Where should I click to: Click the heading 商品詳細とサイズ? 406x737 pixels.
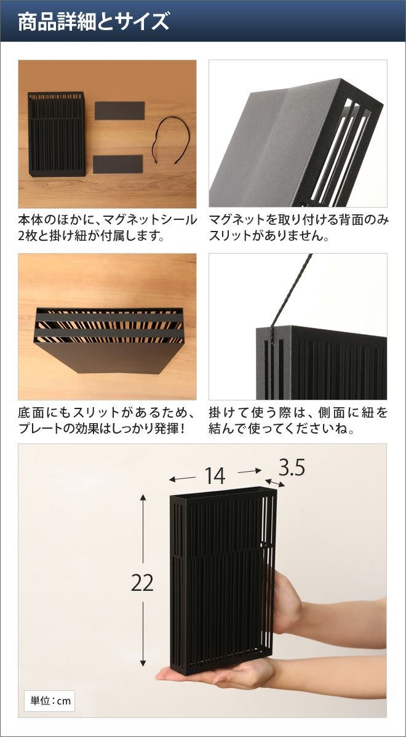[94, 21]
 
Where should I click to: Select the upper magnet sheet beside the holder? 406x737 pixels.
[119, 111]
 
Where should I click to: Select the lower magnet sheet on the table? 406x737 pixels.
[118, 164]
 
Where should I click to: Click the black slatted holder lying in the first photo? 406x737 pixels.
[57, 134]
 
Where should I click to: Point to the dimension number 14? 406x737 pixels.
[215, 476]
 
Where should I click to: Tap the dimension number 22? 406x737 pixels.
[142, 583]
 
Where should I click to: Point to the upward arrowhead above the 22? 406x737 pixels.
[143, 497]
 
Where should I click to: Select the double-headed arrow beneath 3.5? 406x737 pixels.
[275, 483]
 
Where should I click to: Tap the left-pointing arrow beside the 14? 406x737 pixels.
[182, 478]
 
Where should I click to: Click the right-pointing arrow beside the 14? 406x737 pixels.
[250, 472]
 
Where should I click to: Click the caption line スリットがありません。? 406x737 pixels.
[269, 236]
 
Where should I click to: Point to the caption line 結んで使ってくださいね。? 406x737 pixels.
[282, 429]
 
